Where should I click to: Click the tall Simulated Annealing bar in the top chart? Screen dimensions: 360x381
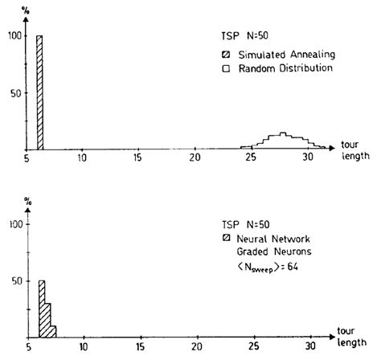(x=39, y=92)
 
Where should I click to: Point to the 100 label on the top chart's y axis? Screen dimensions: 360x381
(x=12, y=36)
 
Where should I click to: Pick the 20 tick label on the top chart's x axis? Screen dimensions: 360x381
(x=195, y=159)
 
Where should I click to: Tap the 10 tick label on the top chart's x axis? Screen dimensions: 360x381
(x=82, y=159)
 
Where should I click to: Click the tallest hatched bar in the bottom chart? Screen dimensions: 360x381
(x=42, y=309)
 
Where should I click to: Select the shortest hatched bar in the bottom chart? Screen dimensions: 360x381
(x=53, y=331)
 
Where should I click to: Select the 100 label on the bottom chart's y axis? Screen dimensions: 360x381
(x=12, y=225)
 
